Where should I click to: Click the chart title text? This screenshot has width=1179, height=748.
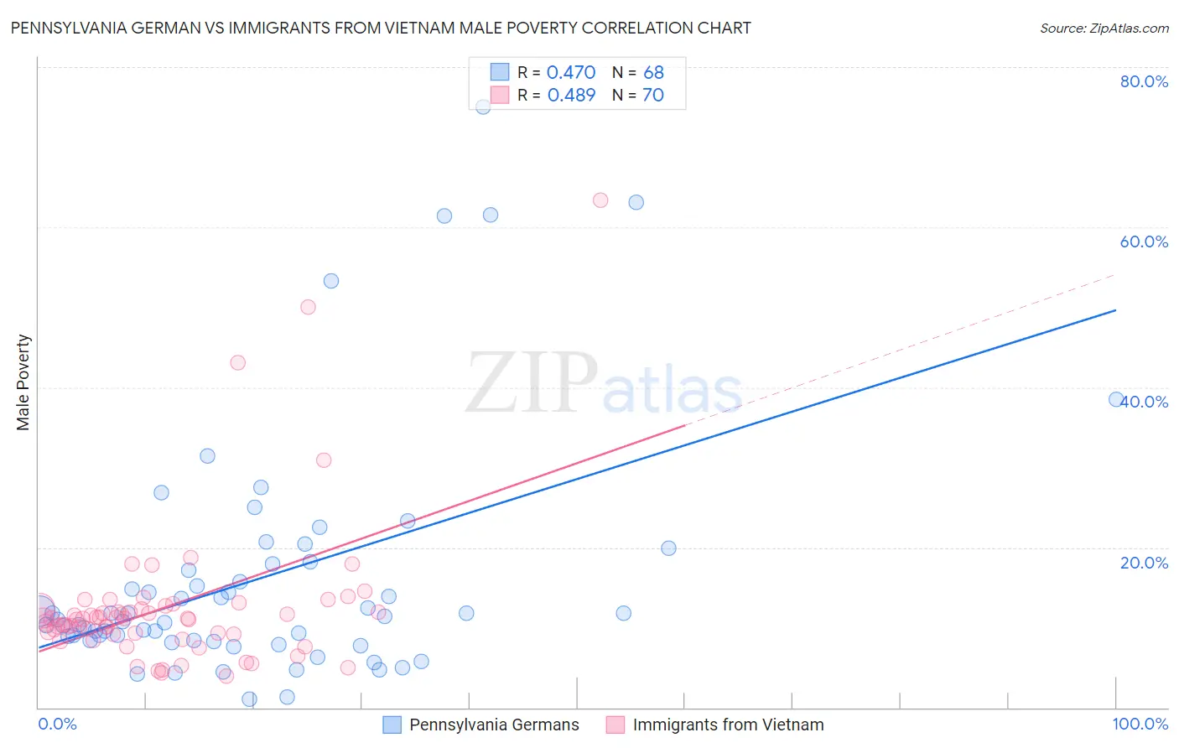[381, 28]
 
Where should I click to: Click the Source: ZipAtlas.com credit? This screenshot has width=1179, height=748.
[1104, 28]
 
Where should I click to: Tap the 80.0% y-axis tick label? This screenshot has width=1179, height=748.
[1144, 81]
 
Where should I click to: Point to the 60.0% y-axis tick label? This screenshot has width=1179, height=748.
[1144, 242]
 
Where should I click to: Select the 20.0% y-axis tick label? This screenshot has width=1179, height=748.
[1144, 563]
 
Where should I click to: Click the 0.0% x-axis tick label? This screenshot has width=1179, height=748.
[57, 724]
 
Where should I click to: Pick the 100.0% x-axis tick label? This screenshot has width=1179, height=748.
[1140, 724]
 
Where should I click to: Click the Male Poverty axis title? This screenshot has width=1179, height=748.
[23, 382]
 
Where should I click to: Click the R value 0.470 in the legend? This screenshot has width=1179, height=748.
[571, 73]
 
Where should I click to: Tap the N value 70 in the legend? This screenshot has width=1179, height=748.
[652, 96]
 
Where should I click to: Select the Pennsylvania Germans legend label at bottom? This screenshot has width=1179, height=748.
[494, 725]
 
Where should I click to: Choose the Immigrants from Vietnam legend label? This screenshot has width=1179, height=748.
[728, 725]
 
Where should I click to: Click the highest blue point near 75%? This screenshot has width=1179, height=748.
[483, 106]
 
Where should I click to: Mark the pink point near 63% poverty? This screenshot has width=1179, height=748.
[600, 200]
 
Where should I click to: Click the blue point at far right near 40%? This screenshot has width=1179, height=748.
[1116, 400]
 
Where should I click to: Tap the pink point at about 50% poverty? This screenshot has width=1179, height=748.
[308, 307]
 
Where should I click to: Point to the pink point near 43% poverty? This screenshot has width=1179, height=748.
[238, 363]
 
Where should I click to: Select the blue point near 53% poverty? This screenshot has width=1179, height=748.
[331, 281]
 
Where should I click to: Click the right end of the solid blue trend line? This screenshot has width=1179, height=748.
[1116, 310]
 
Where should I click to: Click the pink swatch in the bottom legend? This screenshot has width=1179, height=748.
[615, 725]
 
